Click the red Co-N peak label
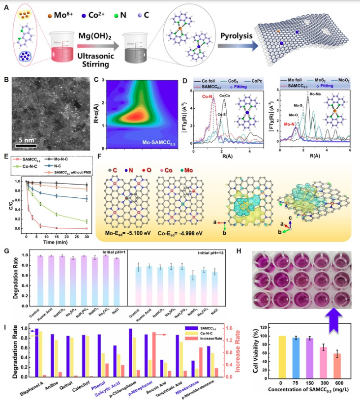click(206, 97)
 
